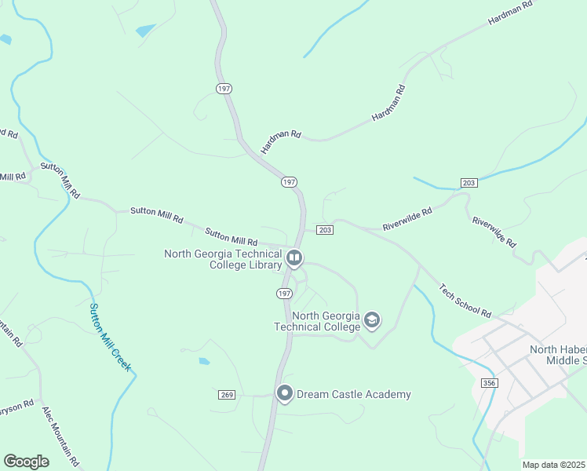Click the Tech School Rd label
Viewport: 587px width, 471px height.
coord(465,301)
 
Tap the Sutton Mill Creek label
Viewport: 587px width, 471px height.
coord(109,337)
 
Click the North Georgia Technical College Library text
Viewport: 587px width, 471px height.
coord(223,259)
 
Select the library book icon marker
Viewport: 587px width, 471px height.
coord(294,257)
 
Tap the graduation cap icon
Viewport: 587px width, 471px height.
coord(372,320)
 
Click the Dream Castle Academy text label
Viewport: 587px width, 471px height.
coord(354,394)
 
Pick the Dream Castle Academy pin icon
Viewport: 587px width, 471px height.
coord(284,393)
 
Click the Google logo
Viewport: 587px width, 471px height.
coord(26,462)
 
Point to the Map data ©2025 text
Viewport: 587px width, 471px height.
coord(552,465)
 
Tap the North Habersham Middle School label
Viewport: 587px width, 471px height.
coord(557,355)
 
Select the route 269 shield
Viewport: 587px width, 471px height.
coord(224,394)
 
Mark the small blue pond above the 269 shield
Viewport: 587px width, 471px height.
coord(204,362)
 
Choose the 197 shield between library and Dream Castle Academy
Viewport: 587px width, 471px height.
coord(284,293)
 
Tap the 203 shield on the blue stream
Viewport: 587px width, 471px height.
coord(469,183)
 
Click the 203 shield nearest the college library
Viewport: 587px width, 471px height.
coord(325,230)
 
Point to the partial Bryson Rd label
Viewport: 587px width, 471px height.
coord(16,406)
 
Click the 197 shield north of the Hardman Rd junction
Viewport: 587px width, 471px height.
coord(224,89)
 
